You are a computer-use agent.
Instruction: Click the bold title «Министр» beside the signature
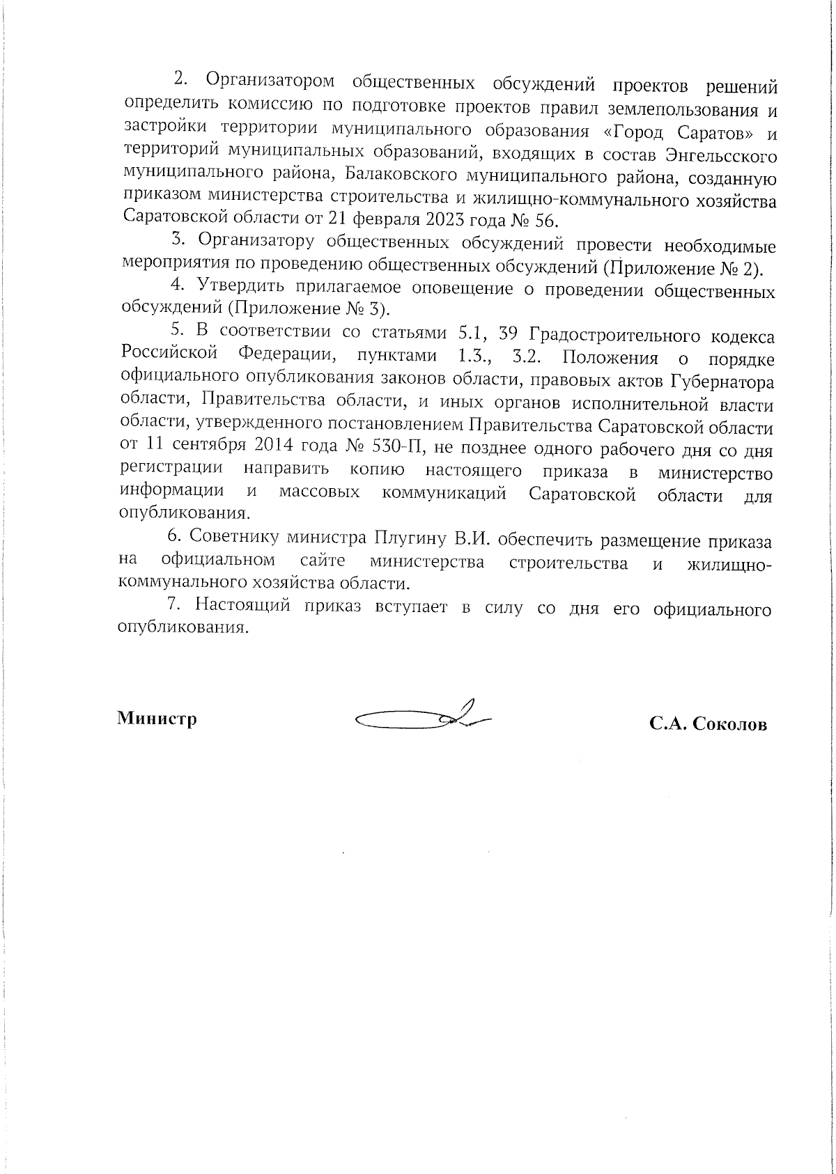point(157,719)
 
